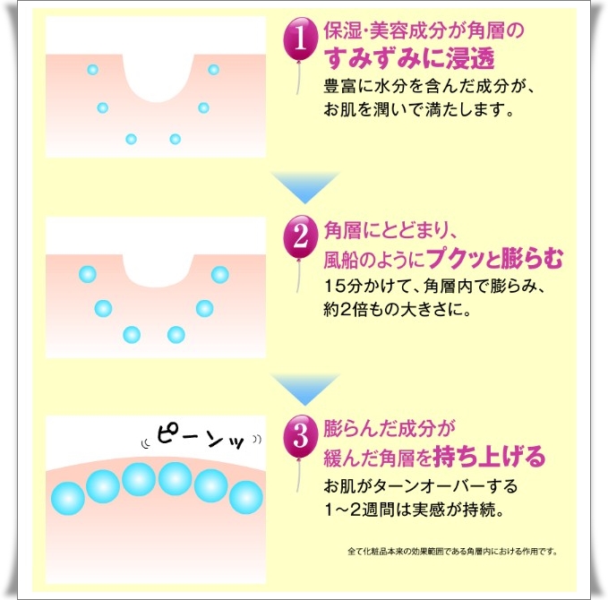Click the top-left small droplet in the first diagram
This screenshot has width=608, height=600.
(92, 69)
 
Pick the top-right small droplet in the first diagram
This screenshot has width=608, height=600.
(213, 69)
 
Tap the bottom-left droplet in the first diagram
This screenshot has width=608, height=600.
(131, 139)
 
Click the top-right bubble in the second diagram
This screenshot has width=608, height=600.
(219, 274)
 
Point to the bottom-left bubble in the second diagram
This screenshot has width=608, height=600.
(132, 335)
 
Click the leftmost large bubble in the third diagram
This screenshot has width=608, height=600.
(67, 497)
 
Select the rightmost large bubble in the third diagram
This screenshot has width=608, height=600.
(244, 497)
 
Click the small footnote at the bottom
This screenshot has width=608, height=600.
(450, 551)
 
